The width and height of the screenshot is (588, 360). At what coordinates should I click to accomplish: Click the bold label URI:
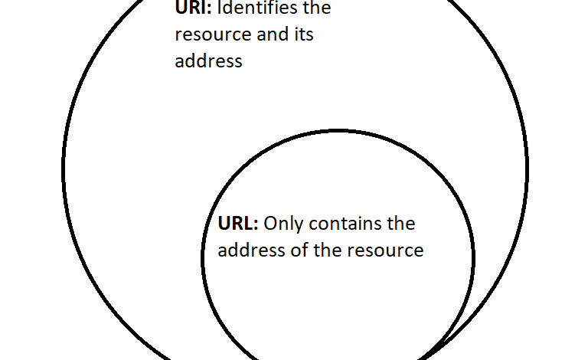click(x=193, y=9)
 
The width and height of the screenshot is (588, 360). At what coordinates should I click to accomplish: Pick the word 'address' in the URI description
click(x=208, y=61)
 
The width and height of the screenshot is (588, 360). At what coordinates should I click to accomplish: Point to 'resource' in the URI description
click(x=210, y=35)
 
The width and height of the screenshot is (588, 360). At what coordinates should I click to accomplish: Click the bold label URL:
click(x=238, y=224)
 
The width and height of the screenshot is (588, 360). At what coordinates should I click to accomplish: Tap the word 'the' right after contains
click(x=400, y=224)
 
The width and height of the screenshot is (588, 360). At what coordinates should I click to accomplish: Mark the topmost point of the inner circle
click(x=338, y=130)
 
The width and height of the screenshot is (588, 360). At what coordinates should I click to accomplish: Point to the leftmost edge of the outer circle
click(x=64, y=169)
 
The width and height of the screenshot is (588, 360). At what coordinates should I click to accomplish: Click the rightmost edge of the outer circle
click(x=527, y=169)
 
